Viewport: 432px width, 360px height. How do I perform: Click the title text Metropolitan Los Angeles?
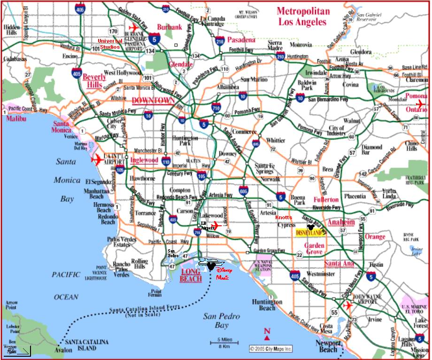[303, 16]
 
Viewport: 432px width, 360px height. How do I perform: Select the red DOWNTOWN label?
[153, 100]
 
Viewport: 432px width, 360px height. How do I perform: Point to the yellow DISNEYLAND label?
[310, 232]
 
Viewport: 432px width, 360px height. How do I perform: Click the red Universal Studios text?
[110, 44]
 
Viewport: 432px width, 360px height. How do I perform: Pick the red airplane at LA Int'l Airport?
[97, 159]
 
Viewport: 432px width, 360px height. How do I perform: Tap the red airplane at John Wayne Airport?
[348, 306]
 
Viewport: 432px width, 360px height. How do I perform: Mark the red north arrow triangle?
[267, 337]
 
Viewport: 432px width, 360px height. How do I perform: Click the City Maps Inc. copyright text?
[271, 349]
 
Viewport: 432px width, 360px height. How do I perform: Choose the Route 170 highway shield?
[113, 31]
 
